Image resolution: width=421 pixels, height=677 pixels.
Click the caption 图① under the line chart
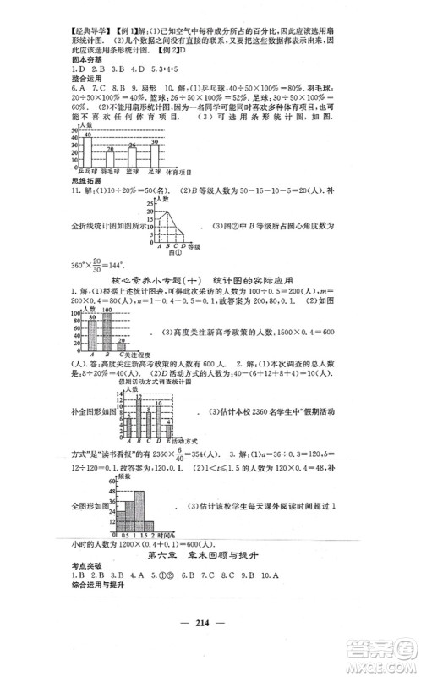pos(176,253)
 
